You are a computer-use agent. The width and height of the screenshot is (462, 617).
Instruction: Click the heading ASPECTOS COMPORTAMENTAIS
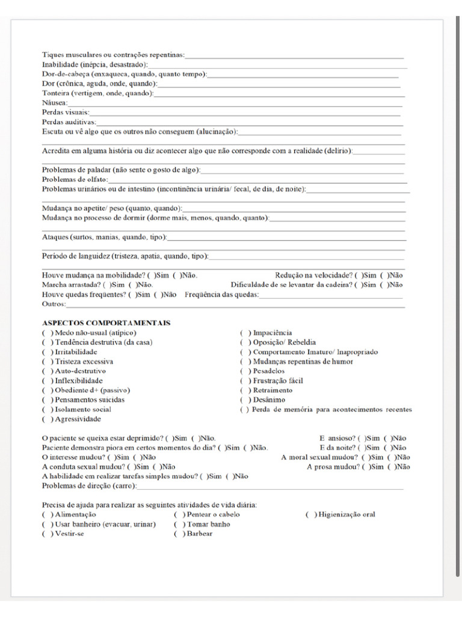coord(106,323)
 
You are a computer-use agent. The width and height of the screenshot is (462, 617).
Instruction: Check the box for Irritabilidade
coord(46,352)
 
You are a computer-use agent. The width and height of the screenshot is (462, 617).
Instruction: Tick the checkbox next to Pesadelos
coord(245,371)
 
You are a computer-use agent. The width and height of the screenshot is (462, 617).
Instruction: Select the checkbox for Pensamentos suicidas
coord(46,400)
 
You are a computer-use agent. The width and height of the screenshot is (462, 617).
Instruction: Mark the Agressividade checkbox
coord(46,419)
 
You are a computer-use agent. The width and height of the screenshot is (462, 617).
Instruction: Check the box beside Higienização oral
coord(310,515)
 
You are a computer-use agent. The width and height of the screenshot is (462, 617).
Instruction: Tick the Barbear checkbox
coord(178,534)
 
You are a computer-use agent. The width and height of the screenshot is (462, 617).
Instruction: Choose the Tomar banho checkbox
coord(178,524)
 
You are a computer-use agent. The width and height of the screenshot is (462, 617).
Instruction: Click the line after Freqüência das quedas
coord(331,295)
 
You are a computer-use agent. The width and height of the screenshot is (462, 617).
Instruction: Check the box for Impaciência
coord(245,333)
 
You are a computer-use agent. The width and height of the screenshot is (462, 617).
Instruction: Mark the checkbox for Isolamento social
coord(46,410)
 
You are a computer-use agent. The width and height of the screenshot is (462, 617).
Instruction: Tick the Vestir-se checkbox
coord(46,534)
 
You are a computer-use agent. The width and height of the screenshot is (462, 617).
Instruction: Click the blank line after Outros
coord(235,305)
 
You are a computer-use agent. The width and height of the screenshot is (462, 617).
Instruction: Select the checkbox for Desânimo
coord(245,400)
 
